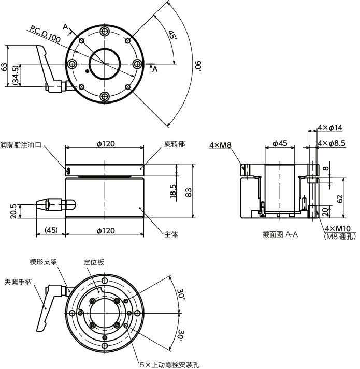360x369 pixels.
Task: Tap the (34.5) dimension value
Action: (x=16, y=75)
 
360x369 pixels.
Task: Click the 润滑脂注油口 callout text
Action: (x=21, y=144)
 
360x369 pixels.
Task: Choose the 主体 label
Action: (x=171, y=234)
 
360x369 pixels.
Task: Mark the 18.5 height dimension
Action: (x=173, y=190)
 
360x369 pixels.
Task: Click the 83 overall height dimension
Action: (x=189, y=192)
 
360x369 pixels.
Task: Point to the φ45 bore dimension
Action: (x=280, y=143)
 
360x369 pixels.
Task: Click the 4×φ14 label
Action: (x=329, y=127)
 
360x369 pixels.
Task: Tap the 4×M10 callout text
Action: (x=337, y=228)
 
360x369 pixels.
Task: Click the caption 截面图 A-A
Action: (x=280, y=234)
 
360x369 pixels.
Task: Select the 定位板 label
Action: (x=94, y=262)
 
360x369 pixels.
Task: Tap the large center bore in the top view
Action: (x=105, y=64)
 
